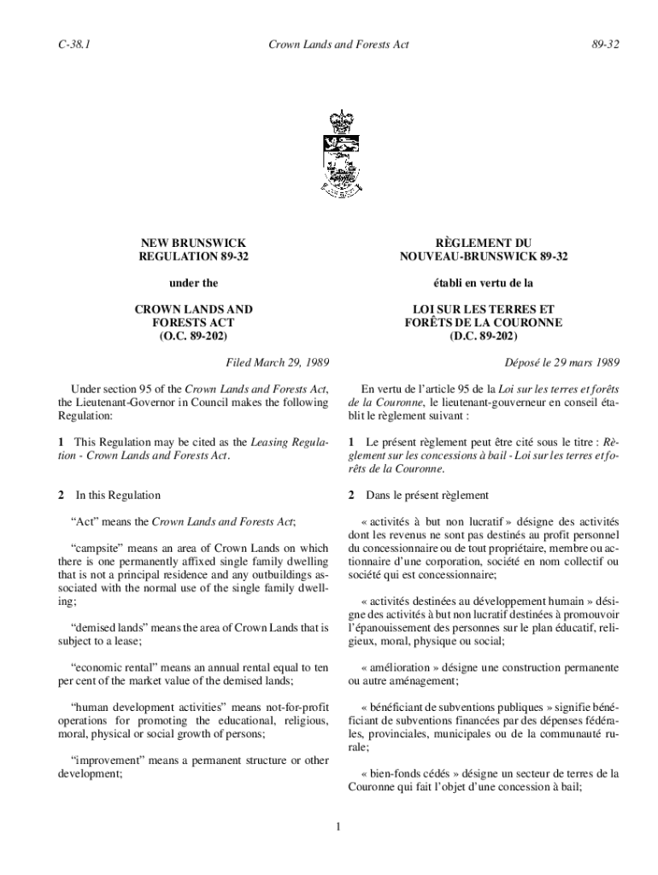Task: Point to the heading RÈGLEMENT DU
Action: point(483,244)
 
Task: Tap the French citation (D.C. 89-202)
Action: point(483,337)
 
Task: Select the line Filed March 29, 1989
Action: point(277,362)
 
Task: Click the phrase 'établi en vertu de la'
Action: point(483,283)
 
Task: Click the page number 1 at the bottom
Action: point(338,826)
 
